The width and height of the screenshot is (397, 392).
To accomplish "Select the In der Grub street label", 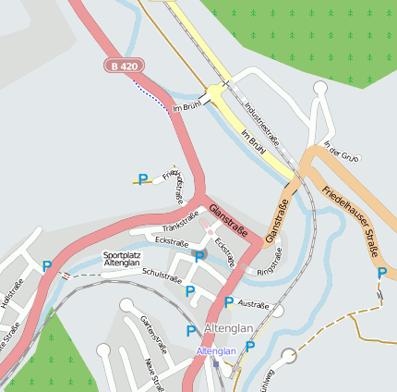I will coord(341,152).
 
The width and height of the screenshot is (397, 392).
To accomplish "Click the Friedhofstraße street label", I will coord(174,185).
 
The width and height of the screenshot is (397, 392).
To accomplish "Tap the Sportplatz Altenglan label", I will coord(122,259).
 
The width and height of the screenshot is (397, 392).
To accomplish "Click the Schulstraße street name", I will coord(162,274).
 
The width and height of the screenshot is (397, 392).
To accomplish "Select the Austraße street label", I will coord(253,304).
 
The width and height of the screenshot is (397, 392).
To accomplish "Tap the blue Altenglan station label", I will coord(215,351).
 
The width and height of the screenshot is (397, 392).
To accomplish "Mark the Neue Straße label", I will coord(151,374).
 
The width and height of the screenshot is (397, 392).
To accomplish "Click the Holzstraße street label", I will coord(12,300).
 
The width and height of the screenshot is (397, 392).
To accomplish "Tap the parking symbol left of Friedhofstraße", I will coord(143,178).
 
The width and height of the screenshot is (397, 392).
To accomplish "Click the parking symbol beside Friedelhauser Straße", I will coord(381,273).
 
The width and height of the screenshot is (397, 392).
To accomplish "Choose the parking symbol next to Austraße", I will coord(229,301).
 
